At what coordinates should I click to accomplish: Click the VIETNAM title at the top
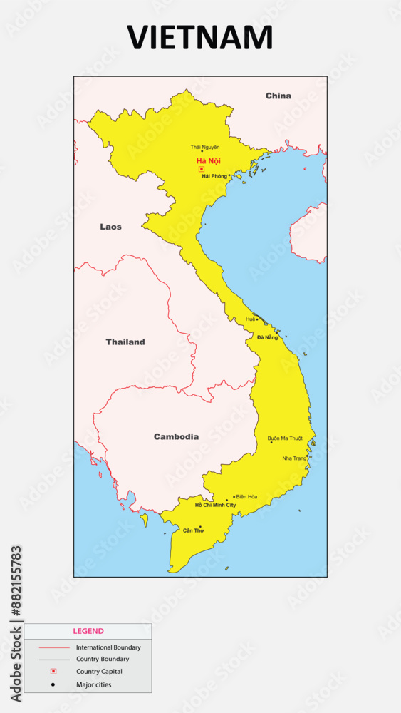pos(200,38)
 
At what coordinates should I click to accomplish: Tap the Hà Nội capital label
pos(209,161)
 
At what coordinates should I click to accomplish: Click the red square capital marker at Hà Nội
pos(202,169)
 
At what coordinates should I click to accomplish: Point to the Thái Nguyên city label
pos(205,147)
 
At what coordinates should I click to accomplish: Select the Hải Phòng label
pos(214,175)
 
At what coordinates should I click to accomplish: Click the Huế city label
pos(250,319)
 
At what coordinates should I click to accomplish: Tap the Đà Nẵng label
pos(268,337)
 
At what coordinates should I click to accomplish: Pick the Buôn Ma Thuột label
pos(285,438)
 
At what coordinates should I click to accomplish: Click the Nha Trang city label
pos(294,458)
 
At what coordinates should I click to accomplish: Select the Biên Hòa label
pos(246,496)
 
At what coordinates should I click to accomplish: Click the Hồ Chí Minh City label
pos(215,505)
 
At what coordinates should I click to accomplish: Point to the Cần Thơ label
pos(193,530)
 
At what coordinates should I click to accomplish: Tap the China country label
pos(278,96)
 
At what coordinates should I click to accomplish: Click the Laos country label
pos(110,227)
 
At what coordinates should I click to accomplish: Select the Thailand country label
pos(125,342)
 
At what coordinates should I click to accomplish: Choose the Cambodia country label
pos(176,436)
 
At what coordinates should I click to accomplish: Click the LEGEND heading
pos(88,631)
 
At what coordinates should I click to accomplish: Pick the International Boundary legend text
pos(108,647)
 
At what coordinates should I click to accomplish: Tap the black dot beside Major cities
pos(53,684)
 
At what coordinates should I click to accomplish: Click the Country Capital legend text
pos(99,672)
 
